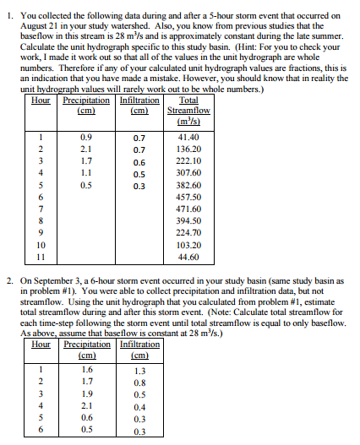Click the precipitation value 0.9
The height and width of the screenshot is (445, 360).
point(85,136)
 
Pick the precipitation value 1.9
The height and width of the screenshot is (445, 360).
point(86,393)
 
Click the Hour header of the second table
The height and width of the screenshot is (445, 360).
point(40,345)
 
